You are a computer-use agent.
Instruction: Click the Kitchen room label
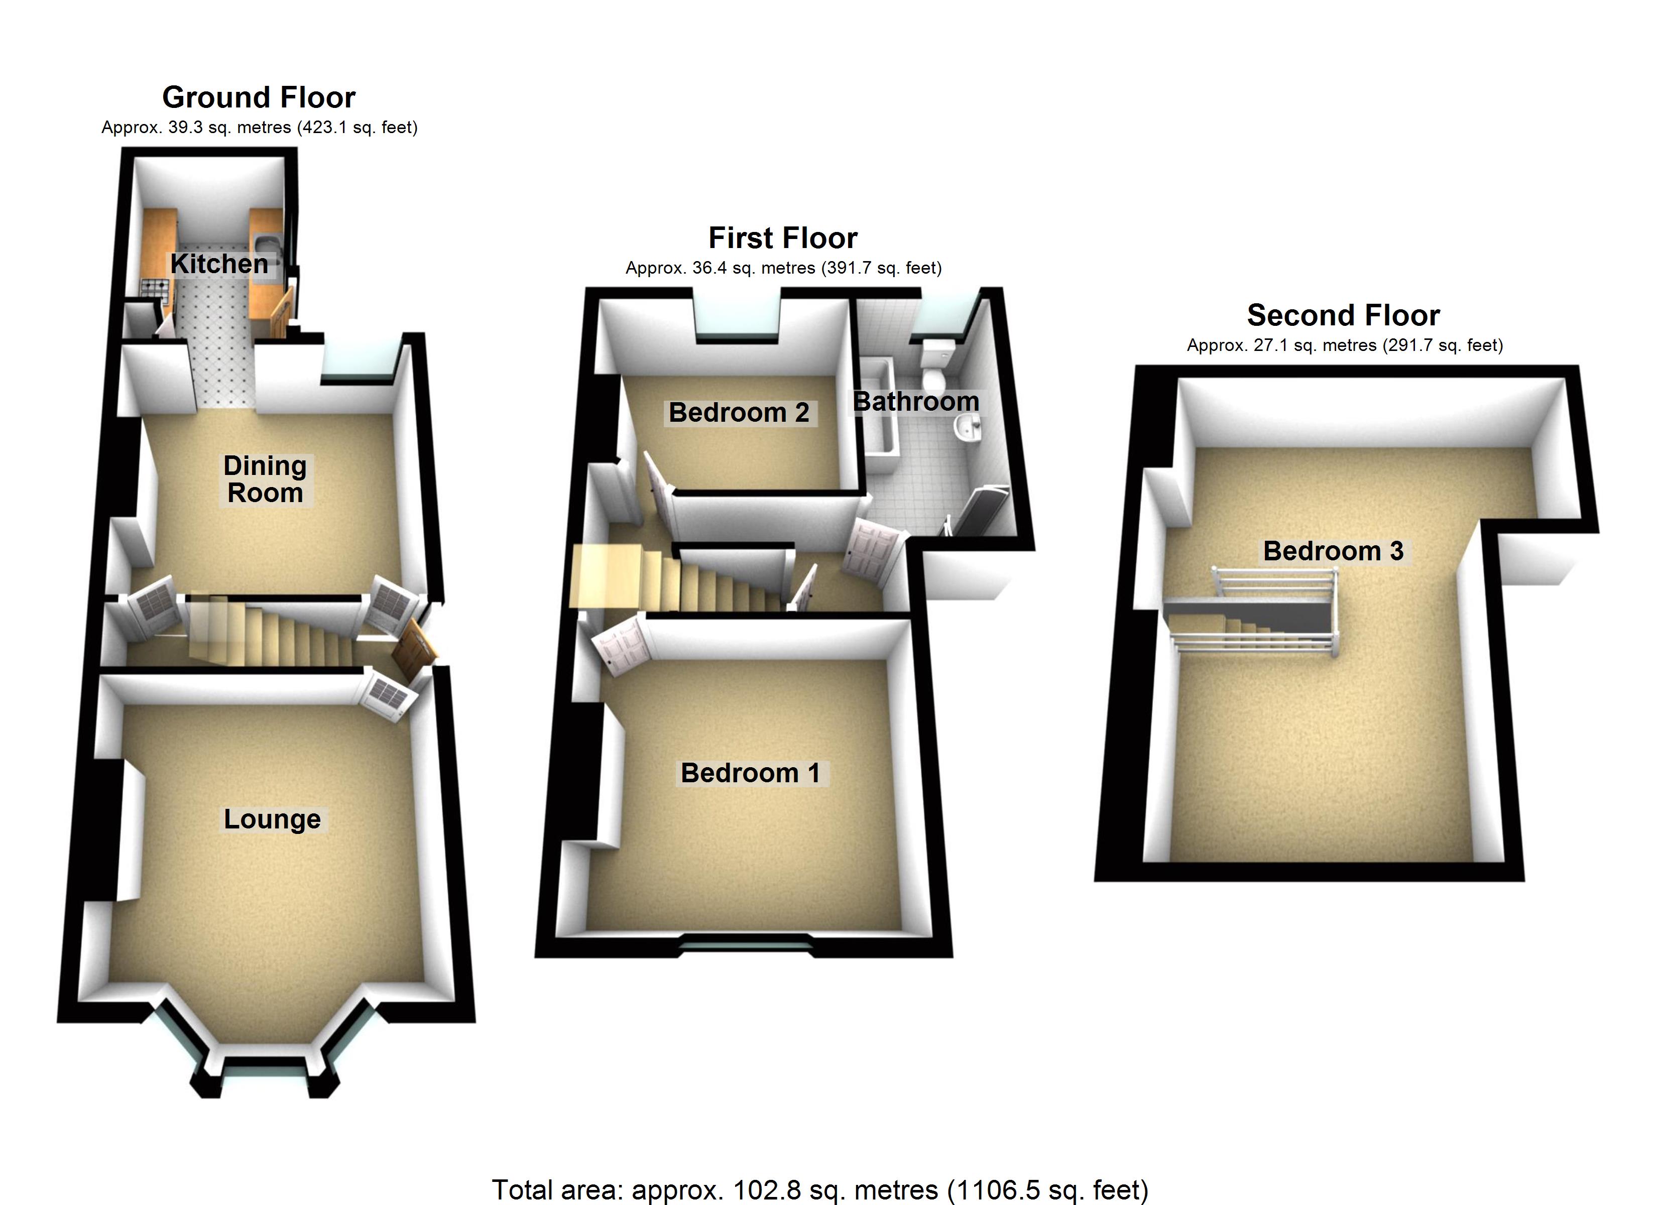coord(219,264)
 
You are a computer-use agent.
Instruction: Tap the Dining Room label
coord(265,479)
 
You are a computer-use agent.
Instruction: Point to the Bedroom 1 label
coord(750,773)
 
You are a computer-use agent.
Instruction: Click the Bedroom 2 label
coord(739,413)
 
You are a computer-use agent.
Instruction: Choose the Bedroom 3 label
coord(1333,551)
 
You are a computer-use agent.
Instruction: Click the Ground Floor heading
coord(259,97)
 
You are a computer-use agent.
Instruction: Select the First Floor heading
coord(782,238)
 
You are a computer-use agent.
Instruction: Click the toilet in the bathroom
coord(935,366)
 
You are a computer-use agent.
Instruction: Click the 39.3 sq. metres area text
coord(260,128)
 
